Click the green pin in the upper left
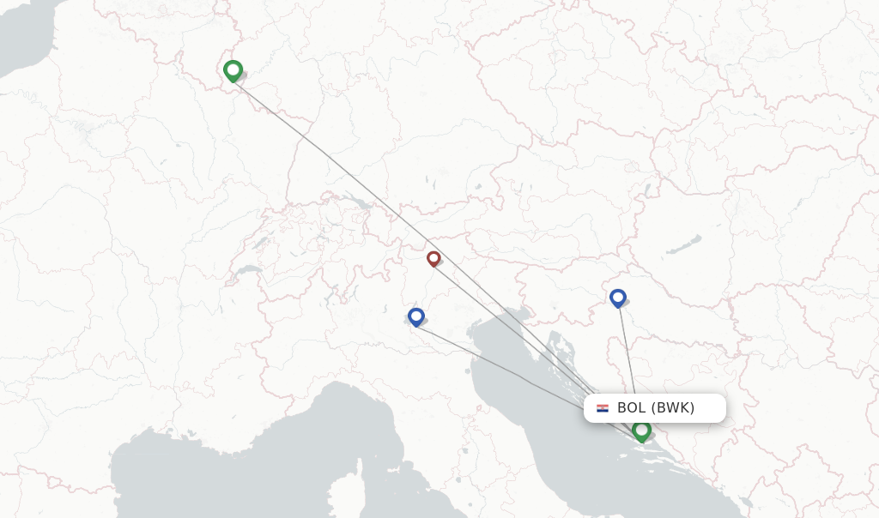pos(233,71)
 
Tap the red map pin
pos(433,258)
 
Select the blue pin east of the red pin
pos(618,298)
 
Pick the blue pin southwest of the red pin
pos(416,317)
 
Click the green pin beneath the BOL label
pos(641,431)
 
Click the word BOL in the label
pos(632,408)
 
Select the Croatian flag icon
pos(603,408)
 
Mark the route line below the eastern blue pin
pos(627,352)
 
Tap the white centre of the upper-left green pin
pos(233,69)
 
